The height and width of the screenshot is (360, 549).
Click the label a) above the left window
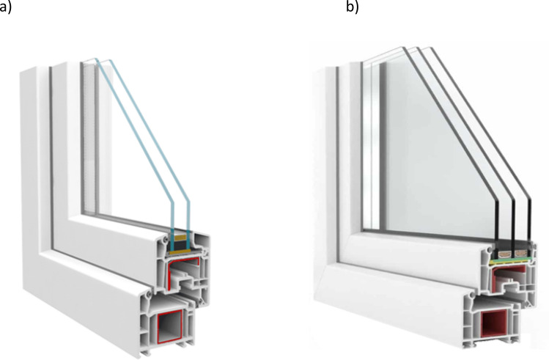5,9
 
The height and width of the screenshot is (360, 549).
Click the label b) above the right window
351,9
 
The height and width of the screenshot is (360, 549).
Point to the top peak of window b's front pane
402,48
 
